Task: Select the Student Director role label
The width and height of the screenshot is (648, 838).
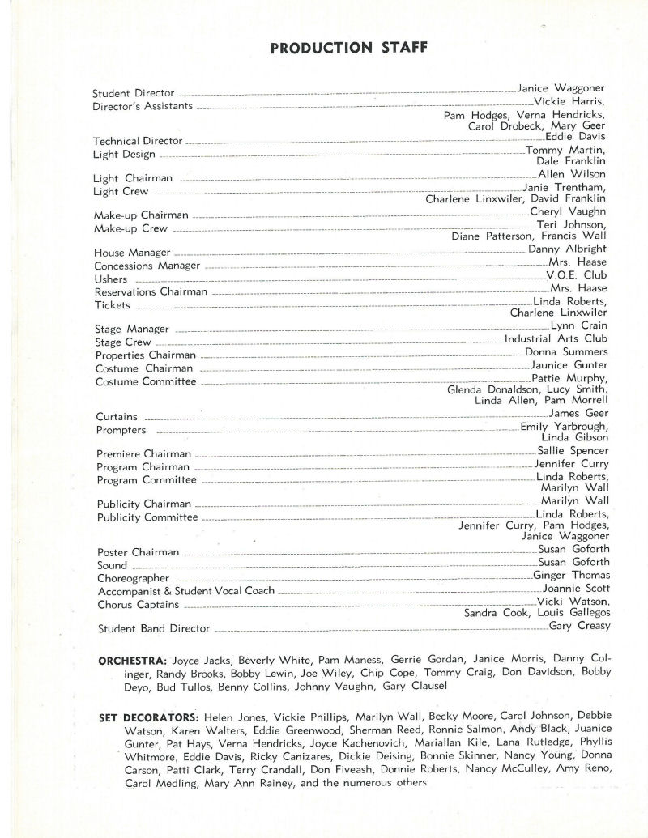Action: point(134,93)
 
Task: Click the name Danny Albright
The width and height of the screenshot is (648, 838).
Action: point(567,249)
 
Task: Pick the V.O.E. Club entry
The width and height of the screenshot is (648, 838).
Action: point(577,275)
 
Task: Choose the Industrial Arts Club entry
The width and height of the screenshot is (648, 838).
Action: point(556,339)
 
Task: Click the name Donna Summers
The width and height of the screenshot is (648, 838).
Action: point(566,352)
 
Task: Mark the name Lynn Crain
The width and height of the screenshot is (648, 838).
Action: point(578,325)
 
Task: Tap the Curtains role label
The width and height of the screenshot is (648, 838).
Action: point(116,416)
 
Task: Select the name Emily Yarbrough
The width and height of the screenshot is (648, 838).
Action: point(564,427)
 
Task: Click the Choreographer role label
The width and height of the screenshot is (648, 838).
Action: point(133,579)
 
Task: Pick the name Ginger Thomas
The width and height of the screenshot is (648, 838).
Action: point(571,576)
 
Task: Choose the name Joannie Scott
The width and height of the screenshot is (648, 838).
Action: point(576,589)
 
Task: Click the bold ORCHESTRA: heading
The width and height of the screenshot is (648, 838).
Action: point(133,660)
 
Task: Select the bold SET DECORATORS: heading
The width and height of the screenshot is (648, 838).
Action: point(149,717)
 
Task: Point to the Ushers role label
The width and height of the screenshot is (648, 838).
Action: point(111,279)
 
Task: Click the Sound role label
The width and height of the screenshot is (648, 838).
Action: point(112,565)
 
